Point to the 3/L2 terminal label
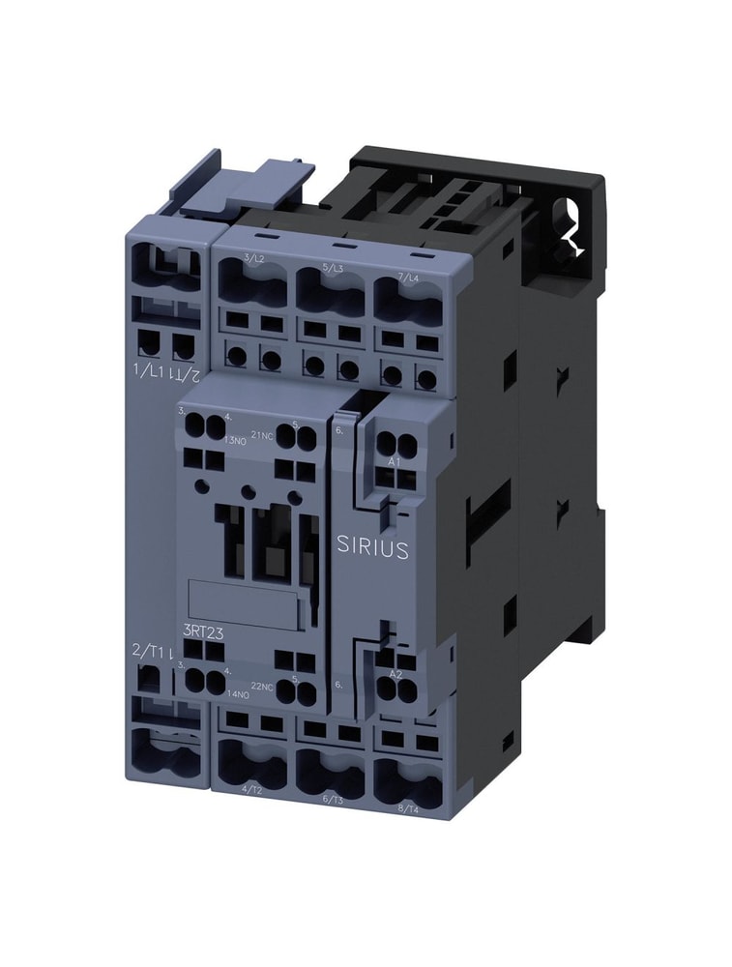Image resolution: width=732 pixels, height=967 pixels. pos(255,257)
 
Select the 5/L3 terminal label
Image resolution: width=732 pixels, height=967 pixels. pos(332,267)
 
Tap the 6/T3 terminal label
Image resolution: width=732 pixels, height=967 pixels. pos(333,799)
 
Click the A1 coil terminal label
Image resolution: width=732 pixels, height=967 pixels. pos(394,462)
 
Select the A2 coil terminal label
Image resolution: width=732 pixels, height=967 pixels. pos(395,674)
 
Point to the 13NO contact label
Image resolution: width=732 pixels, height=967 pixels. pos(235,440)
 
